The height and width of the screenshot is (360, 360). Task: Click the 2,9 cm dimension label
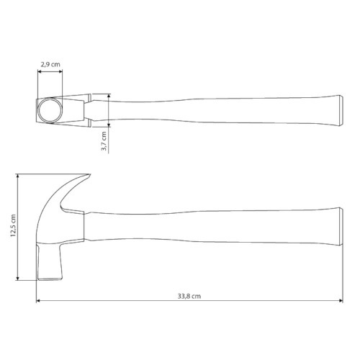click(x=50, y=65)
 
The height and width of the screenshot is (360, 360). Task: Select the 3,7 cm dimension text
click(x=104, y=141)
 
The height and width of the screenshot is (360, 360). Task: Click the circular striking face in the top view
click(x=51, y=111)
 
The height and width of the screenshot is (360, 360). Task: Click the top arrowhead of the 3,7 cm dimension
click(x=109, y=94)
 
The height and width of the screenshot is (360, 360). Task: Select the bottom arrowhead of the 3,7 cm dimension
click(x=109, y=125)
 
